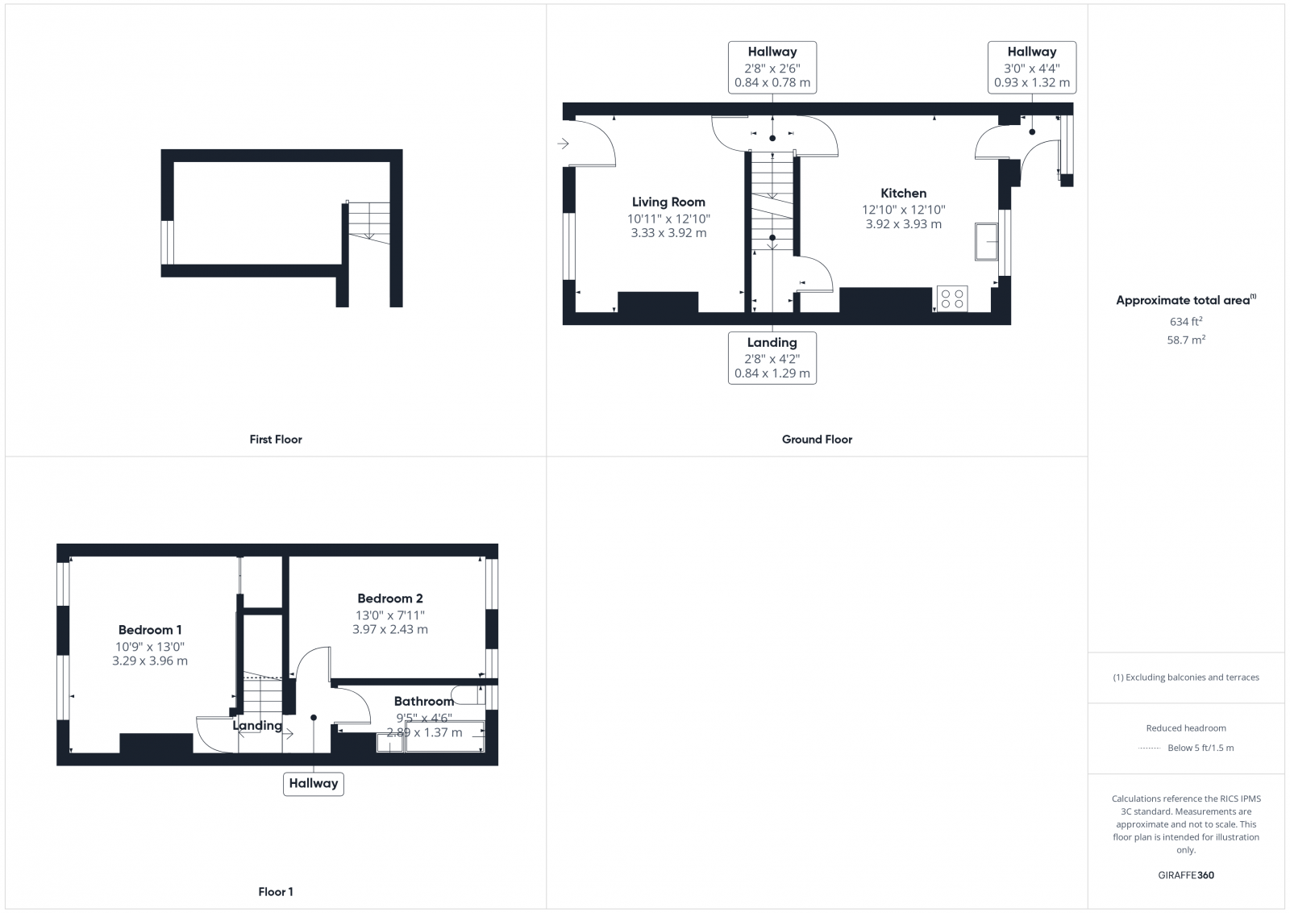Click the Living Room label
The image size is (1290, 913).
coord(668,202)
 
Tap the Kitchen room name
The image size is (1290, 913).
coord(903,194)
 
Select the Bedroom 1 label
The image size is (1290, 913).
coord(150,630)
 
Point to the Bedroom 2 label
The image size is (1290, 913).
coord(390,598)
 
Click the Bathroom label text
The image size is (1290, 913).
coord(424,702)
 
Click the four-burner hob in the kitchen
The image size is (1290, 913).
coord(952,298)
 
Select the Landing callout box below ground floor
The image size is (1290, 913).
coord(772,358)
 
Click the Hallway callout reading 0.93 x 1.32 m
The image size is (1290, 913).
coord(1031,67)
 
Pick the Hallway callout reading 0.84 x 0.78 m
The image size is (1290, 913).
coord(772,67)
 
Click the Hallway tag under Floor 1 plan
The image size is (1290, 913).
coord(314,783)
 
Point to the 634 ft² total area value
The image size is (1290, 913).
coord(1186,322)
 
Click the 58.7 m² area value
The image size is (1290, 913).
coord(1186,340)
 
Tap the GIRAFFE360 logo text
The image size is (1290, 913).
coord(1186,875)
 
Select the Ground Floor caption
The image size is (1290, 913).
coord(817,440)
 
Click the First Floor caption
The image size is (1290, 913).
coord(276,440)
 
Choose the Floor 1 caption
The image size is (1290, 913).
coord(276,892)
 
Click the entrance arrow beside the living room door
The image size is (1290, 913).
coord(563,144)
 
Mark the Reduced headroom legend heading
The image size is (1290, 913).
coord(1186,728)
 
